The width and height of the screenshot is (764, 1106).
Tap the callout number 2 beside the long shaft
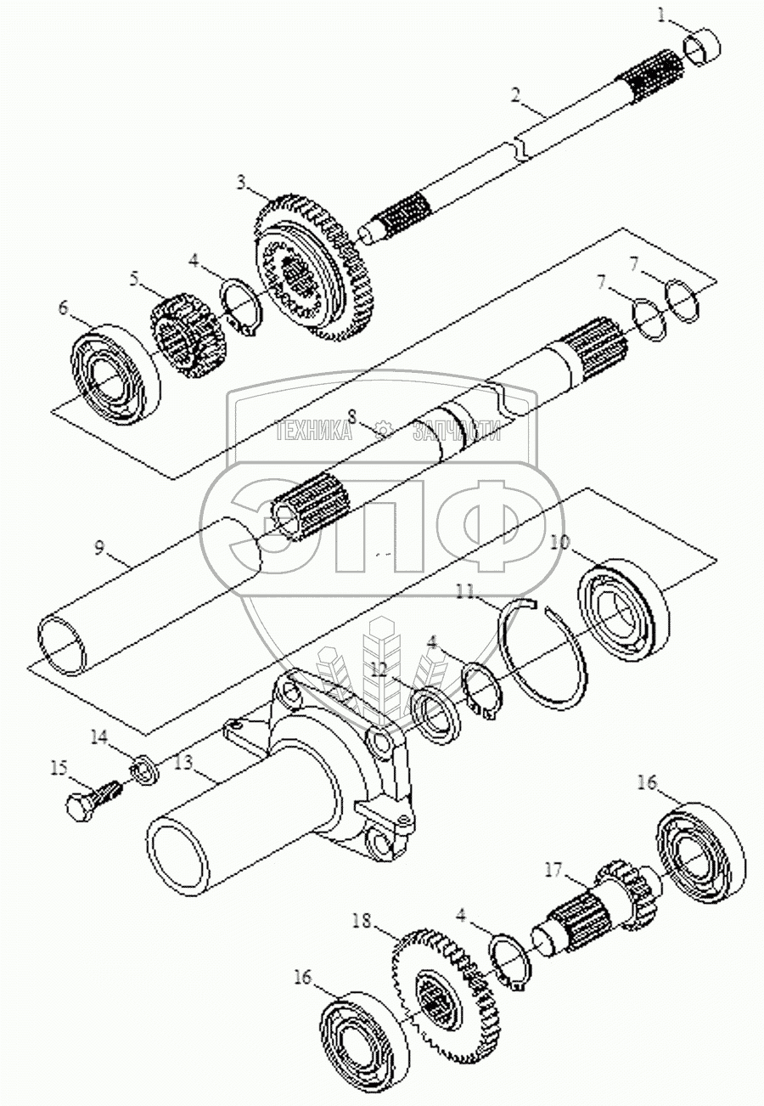[516, 95]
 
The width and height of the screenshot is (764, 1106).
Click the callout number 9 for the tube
[99, 547]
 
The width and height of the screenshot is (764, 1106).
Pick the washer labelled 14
[144, 771]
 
